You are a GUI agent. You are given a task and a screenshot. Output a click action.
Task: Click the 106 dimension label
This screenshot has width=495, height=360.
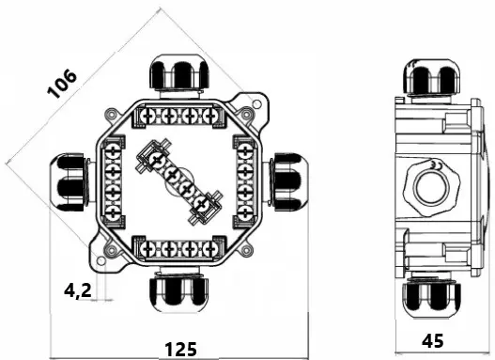pyautogui.click(x=62, y=84)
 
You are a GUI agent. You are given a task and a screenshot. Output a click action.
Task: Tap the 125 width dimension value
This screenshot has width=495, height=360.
pyautogui.click(x=181, y=350)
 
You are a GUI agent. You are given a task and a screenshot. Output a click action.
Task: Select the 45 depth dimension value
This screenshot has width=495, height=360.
pyautogui.click(x=432, y=341)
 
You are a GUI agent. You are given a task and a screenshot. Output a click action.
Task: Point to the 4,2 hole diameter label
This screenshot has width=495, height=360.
pyautogui.click(x=78, y=290)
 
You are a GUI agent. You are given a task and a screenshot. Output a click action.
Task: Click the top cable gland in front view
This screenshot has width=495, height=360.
pyautogui.click(x=180, y=76)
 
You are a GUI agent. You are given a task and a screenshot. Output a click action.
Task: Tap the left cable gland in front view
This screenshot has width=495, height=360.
pyautogui.click(x=71, y=182)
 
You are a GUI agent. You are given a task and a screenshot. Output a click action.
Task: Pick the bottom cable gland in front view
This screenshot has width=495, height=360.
pyautogui.click(x=179, y=290)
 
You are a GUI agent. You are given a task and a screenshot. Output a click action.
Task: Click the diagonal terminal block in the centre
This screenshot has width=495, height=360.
pyautogui.click(x=179, y=182)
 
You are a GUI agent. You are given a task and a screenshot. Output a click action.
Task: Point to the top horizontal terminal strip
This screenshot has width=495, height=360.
pyautogui.click(x=179, y=117)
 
